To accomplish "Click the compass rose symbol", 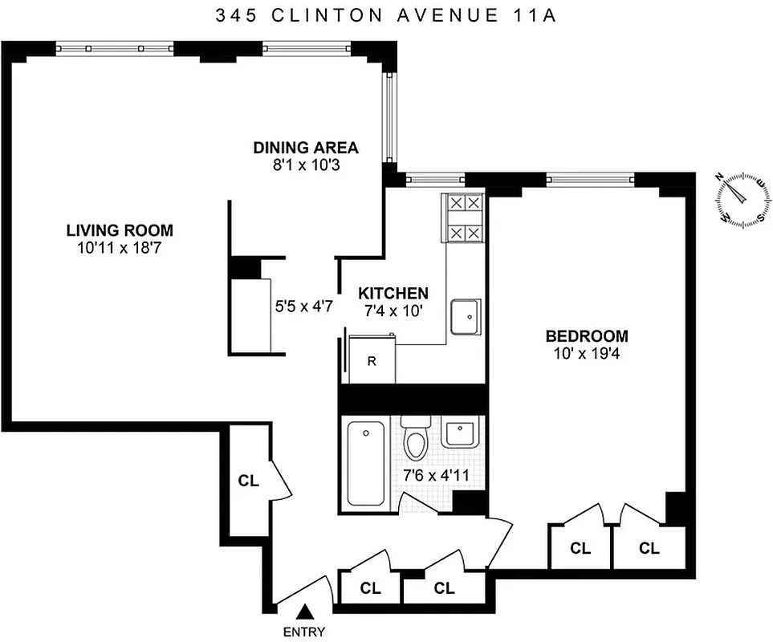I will point(742,198).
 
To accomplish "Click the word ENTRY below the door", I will point(304,632).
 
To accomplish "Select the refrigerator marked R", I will point(371,361).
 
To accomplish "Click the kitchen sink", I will point(466,317).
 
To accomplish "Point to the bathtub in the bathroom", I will point(366,464).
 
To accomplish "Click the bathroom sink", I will point(461,433).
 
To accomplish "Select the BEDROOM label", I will point(587,336).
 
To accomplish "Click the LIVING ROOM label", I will point(120,230).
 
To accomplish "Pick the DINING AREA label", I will point(306,148).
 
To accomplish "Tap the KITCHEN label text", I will point(393,293).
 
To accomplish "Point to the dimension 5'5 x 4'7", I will point(303,306).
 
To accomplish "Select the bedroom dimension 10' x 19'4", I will point(587,354).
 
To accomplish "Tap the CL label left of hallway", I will point(248,481).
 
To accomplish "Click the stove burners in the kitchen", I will point(465,218).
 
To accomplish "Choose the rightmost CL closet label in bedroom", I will point(649,549).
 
